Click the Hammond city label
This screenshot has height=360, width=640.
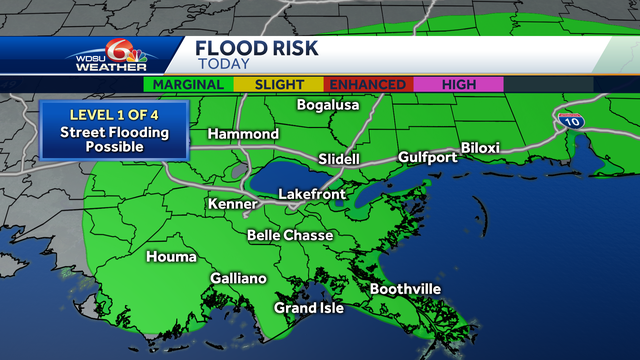point(243,134)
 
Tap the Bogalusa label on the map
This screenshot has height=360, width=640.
point(328,106)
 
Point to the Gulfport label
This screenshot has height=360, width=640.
point(427,158)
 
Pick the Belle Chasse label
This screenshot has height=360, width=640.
point(290,236)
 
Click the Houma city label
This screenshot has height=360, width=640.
point(171,257)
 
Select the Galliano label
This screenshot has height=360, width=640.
point(238,279)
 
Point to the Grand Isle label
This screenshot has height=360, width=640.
point(309,308)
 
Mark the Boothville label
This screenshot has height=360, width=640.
point(405,289)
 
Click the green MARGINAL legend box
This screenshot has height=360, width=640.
point(190,85)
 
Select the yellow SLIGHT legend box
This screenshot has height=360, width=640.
point(281,85)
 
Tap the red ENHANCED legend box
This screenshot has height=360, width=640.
point(368,85)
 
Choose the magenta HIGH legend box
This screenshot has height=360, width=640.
point(458,85)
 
